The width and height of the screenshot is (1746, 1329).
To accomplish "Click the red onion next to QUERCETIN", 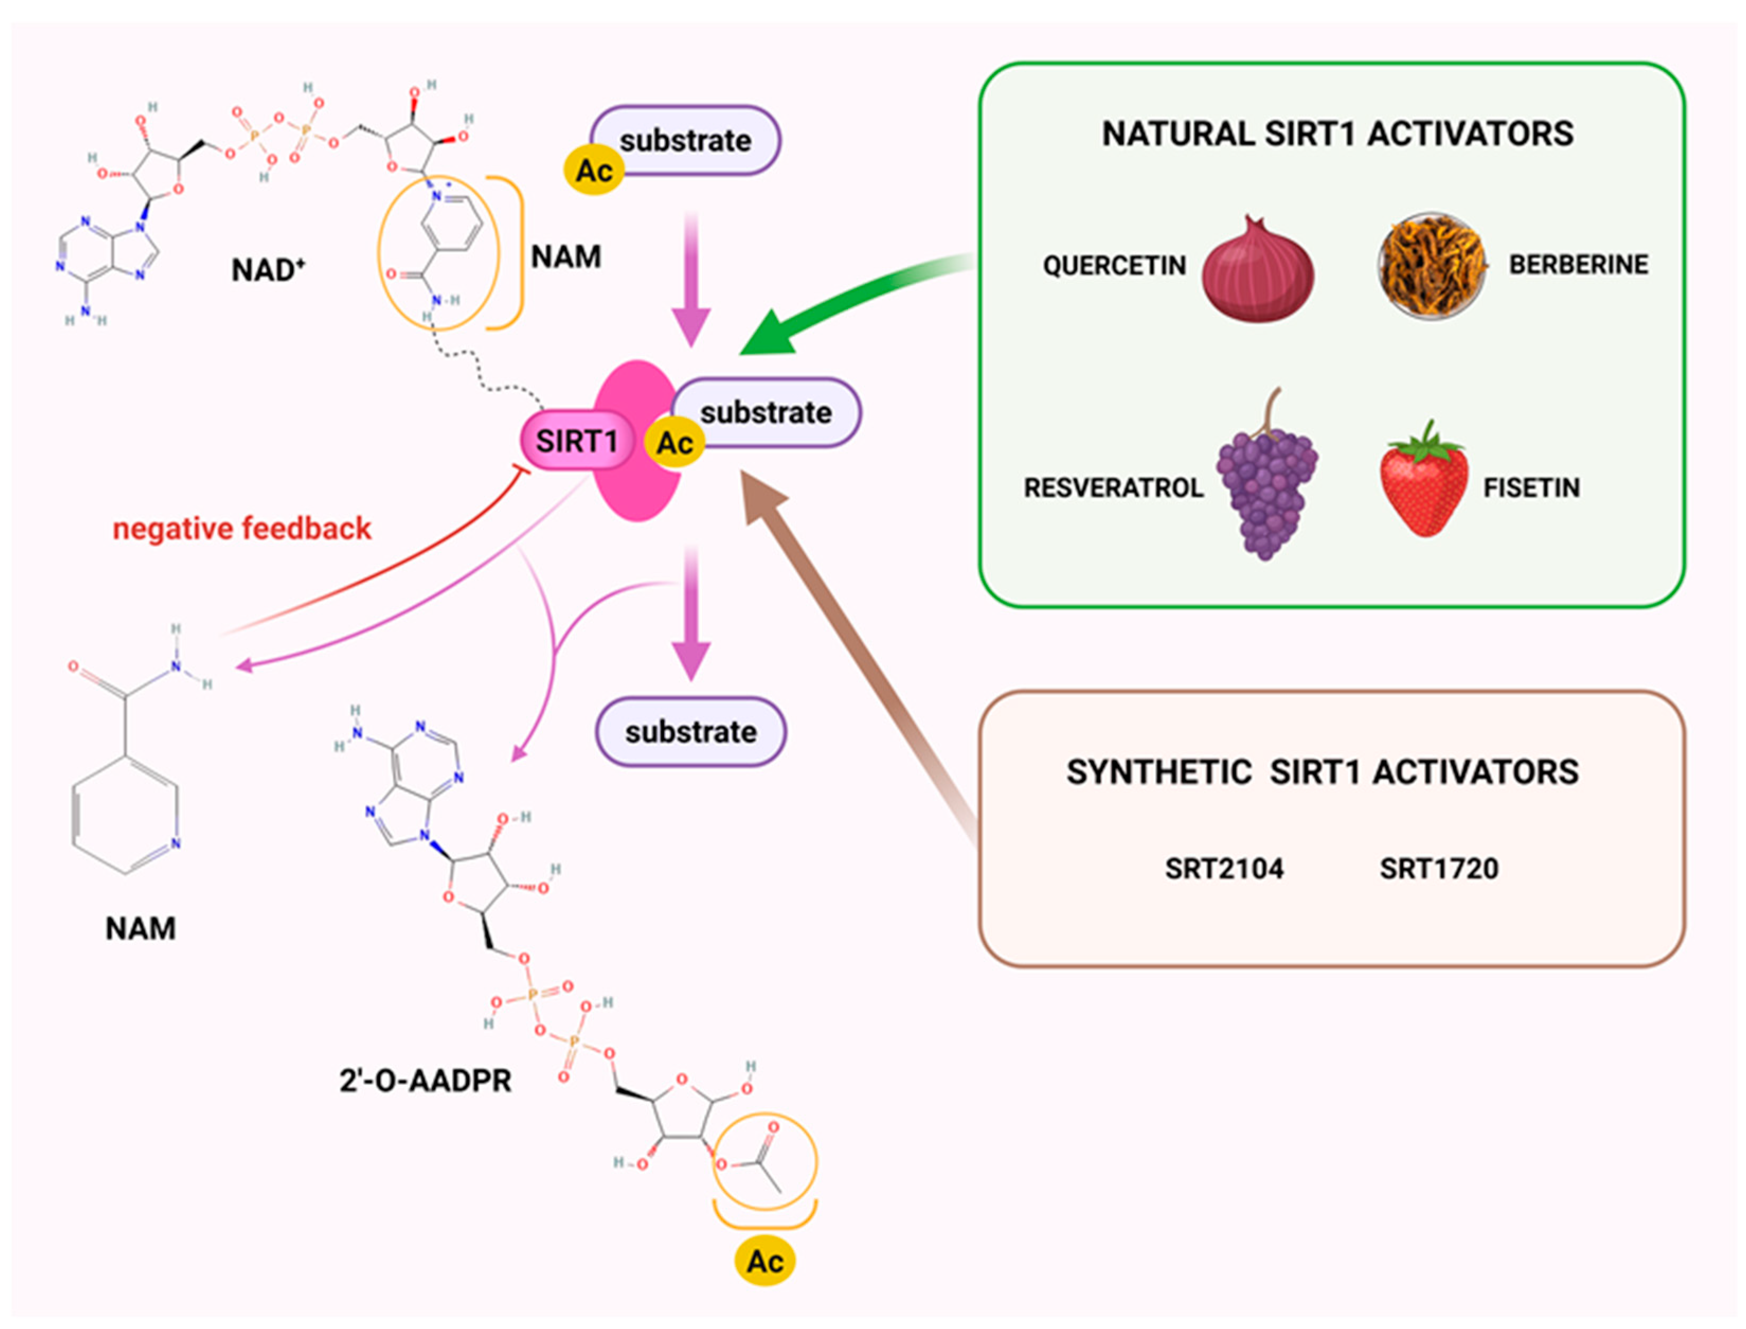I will (x=1257, y=273).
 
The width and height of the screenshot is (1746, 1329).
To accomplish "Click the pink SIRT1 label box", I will (x=577, y=441).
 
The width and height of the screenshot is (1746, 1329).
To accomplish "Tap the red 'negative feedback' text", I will (x=241, y=528).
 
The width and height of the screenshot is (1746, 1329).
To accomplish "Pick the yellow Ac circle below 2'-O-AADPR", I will (x=764, y=1262).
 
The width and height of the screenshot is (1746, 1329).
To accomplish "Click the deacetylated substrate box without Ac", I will (x=690, y=732).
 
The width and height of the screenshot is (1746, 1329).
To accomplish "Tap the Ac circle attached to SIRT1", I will (x=674, y=443).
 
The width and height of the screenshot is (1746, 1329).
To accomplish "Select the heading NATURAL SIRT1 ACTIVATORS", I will (x=1337, y=133).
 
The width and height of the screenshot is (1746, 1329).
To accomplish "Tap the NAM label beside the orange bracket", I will (x=565, y=257).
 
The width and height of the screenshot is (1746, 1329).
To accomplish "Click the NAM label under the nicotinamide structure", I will (x=141, y=929).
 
